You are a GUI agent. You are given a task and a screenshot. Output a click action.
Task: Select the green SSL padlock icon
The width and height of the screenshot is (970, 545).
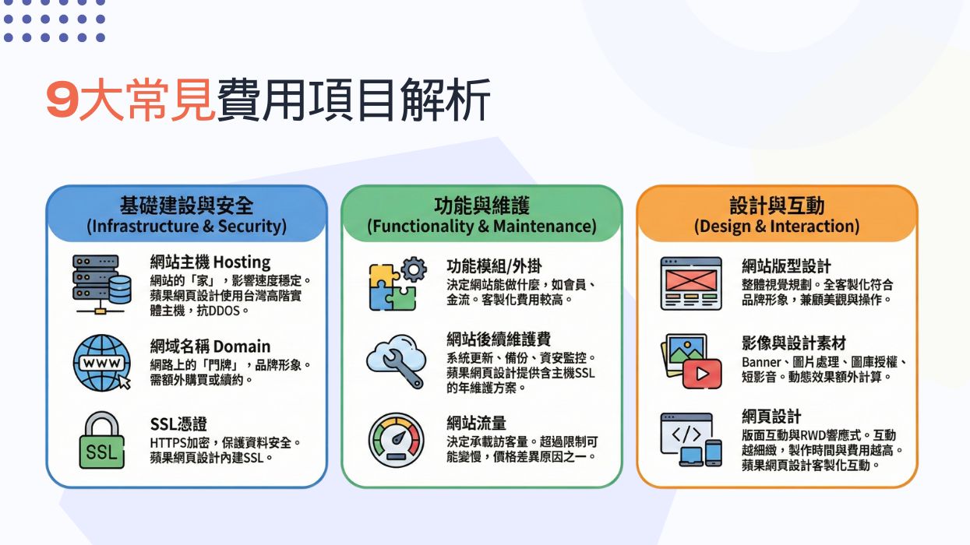101,441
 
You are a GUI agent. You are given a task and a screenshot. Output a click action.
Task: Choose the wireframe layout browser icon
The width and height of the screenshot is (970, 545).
691,283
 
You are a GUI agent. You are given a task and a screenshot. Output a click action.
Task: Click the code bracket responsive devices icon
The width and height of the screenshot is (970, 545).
691,440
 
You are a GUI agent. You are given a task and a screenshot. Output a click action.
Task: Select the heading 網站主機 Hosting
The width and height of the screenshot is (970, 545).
210,262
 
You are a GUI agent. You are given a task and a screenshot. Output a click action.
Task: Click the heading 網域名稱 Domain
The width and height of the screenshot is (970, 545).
210,346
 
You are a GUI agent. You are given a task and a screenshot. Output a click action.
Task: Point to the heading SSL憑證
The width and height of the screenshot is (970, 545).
178,424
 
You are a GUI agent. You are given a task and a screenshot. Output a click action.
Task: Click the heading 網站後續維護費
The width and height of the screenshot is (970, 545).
499,339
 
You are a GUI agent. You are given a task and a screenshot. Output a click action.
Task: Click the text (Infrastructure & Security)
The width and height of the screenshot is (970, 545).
186,227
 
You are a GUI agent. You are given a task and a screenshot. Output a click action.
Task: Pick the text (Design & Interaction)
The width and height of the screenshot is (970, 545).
777,227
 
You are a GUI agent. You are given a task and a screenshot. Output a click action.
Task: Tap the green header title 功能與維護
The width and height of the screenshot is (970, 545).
481,206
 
